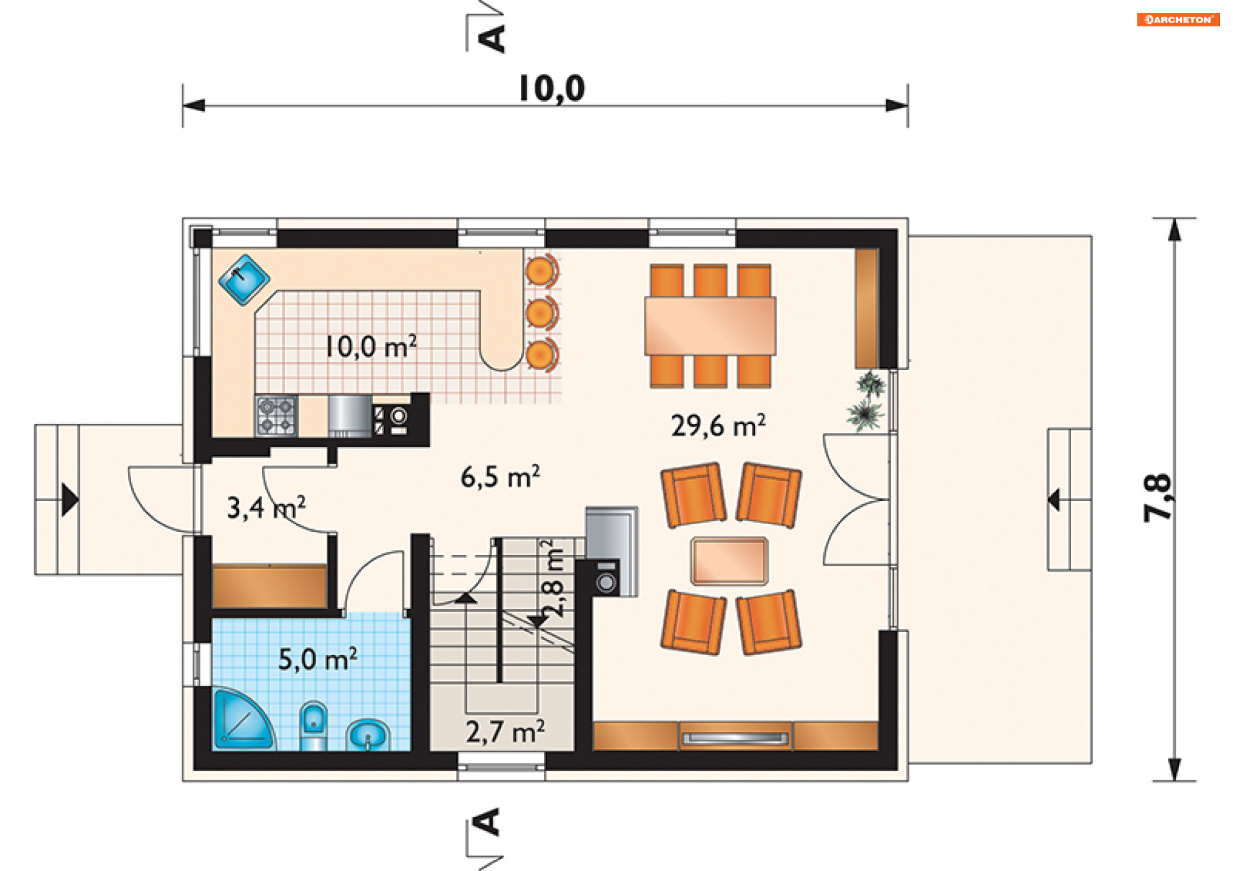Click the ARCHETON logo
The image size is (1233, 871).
[x=1178, y=19]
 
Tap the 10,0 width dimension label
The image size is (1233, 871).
[x=552, y=89]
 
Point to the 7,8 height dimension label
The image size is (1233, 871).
[x=1158, y=498]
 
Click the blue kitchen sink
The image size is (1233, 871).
[x=244, y=280]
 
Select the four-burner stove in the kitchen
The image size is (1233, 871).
[x=277, y=416]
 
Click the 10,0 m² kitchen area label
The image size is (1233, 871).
[x=371, y=346]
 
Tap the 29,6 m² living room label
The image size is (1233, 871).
[x=718, y=425]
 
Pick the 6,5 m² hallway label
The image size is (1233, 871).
[x=500, y=477]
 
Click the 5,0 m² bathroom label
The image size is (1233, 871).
[x=317, y=659]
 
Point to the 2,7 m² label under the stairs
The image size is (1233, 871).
[x=505, y=732]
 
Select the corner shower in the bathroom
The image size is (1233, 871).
[x=243, y=719]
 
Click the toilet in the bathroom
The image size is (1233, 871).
[x=313, y=726]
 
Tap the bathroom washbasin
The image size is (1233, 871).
[x=368, y=735]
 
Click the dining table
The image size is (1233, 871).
[x=710, y=326]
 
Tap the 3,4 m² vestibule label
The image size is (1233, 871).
[x=266, y=507]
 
